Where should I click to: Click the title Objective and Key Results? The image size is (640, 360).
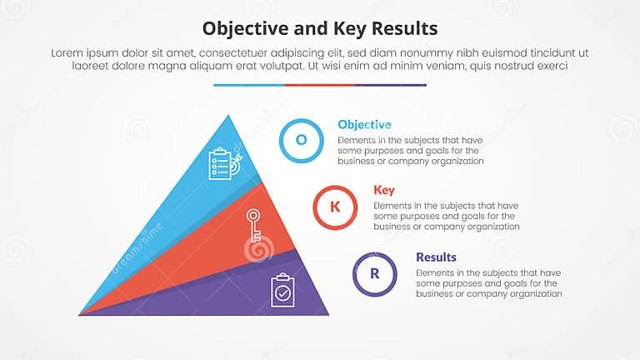[320, 28]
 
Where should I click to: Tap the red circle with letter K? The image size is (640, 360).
[335, 207]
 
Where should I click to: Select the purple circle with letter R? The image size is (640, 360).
[375, 273]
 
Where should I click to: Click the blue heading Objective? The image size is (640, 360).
[364, 124]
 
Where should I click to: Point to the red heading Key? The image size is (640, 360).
[384, 190]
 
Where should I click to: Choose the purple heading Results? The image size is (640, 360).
[436, 257]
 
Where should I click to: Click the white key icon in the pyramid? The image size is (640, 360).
[252, 226]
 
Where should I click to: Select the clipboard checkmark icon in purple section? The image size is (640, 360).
[282, 290]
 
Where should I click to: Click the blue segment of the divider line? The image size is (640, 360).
[248, 85]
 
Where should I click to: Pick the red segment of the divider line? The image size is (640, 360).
[320, 85]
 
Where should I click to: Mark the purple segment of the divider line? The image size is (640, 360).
[391, 85]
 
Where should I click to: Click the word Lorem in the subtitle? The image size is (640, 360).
[68, 52]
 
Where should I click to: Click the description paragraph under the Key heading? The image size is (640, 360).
[446, 216]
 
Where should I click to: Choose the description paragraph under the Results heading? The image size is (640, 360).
[488, 283]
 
